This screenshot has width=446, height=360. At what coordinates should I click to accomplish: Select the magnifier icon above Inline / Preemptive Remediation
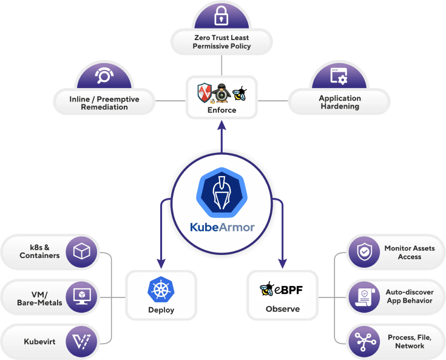click(x=104, y=76)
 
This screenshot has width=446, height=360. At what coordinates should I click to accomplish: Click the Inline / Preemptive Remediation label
click(x=104, y=103)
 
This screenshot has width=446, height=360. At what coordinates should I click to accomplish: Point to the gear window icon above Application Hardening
click(x=339, y=76)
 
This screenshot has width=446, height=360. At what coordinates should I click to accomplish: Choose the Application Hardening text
click(x=340, y=102)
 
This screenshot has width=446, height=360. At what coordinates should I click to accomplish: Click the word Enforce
click(x=221, y=110)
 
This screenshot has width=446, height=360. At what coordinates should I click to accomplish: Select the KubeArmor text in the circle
click(x=221, y=228)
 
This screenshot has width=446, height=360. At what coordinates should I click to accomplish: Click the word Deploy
click(x=161, y=310)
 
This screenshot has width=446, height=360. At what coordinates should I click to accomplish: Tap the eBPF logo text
click(x=282, y=289)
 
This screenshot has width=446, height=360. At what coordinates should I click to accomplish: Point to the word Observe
click(x=282, y=309)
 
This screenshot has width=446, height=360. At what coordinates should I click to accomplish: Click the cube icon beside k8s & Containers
click(x=81, y=251)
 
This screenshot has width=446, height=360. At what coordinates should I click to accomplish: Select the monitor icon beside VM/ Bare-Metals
click(x=81, y=296)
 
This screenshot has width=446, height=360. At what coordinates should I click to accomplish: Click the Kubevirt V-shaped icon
click(x=81, y=341)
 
